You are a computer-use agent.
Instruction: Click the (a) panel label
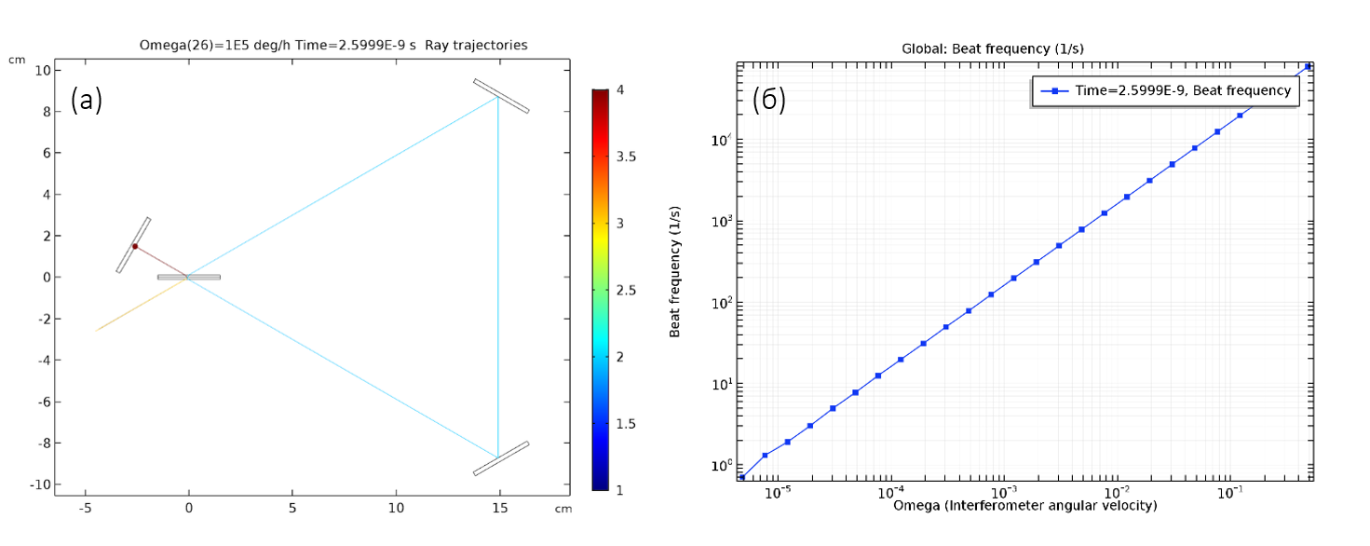[x=87, y=101]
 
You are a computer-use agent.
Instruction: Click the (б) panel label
[x=768, y=101]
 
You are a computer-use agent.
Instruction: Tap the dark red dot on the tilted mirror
[x=134, y=246]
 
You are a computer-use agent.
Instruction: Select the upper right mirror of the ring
[x=501, y=96]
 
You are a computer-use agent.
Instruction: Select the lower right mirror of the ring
[x=501, y=458]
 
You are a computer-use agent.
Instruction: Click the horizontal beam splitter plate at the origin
[x=189, y=277]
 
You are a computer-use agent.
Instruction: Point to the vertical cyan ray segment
[x=498, y=280]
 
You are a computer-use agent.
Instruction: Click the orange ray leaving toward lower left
[x=140, y=305]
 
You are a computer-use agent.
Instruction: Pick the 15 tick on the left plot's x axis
[x=499, y=509]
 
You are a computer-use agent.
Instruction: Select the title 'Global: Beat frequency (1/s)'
[x=993, y=48]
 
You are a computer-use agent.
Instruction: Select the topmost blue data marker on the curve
[x=1308, y=66]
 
